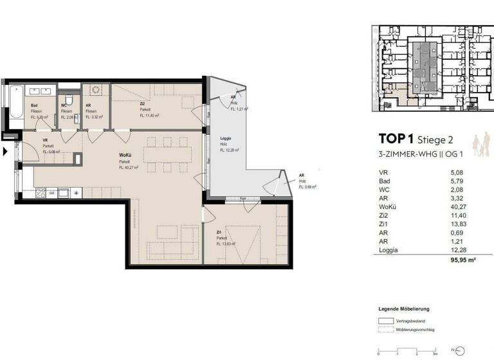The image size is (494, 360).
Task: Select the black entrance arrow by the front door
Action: pos(6,152)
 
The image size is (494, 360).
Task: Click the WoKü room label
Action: pos(125,157)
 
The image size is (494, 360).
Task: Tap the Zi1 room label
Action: pos(219,233)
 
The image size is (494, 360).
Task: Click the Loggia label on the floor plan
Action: pos(226,139)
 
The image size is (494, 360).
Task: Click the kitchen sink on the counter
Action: pos(64,192)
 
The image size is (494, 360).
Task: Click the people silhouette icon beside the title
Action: pos(480,145)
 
